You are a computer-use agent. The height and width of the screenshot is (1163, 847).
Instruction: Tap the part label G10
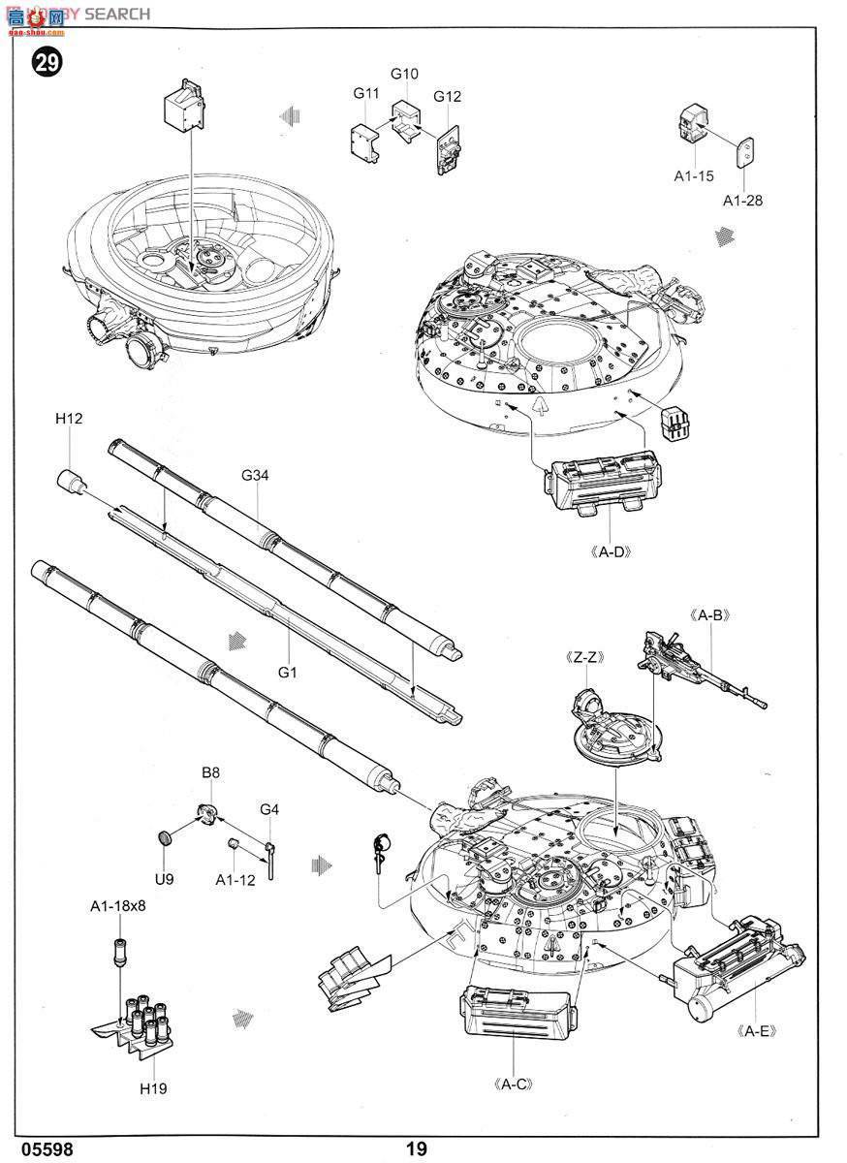[404, 74]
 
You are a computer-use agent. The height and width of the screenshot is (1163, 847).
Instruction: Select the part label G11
[365, 93]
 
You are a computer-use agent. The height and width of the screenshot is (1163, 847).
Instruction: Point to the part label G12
[447, 96]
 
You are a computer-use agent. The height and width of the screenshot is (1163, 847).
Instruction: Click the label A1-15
[694, 175]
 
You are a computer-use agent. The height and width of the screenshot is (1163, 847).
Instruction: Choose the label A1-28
[743, 200]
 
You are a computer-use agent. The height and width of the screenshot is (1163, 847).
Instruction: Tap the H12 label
[69, 419]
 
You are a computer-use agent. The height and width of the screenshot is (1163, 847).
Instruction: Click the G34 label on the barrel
[255, 475]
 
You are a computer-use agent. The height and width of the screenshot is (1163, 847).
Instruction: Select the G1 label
[289, 671]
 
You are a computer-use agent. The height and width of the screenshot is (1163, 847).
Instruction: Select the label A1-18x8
[117, 906]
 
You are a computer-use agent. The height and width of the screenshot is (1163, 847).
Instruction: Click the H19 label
[152, 1088]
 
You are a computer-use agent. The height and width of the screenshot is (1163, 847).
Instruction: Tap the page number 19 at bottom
[416, 1148]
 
